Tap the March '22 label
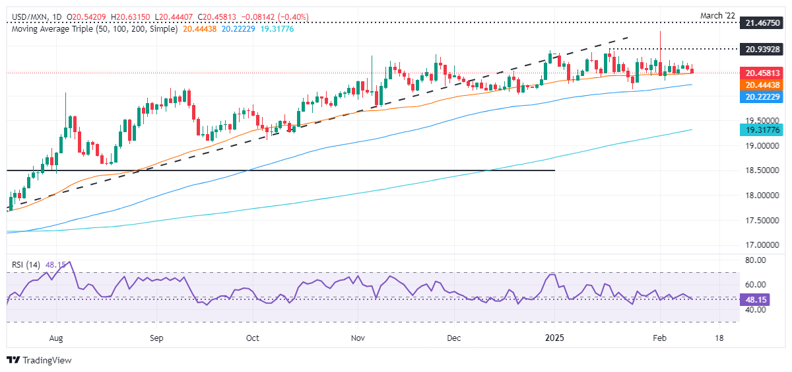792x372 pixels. coord(764,13)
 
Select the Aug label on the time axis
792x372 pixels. coord(56,338)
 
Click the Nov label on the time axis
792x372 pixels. coord(357,338)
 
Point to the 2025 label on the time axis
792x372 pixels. coord(554,338)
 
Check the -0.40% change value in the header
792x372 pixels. coord(297,16)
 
